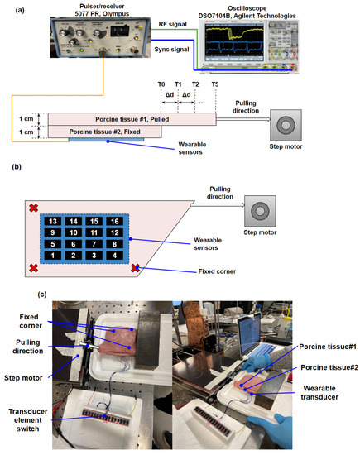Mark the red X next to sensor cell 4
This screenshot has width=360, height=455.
tap(137, 267)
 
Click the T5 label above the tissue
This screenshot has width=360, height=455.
tap(215, 85)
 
